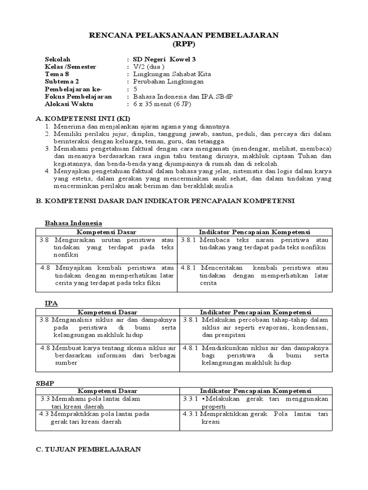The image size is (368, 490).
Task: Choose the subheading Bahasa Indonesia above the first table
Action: [73, 223]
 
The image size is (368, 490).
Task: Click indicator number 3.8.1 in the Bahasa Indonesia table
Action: [189, 239]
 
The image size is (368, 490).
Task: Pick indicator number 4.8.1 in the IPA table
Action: [190, 348]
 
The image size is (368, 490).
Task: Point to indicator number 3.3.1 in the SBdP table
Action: [190, 399]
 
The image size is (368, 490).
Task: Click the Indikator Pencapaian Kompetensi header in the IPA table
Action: [255, 312]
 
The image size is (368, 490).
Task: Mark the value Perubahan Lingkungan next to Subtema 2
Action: [165, 81]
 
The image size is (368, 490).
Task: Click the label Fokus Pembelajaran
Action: [78, 96]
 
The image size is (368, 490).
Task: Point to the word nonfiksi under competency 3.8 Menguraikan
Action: [52, 255]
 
